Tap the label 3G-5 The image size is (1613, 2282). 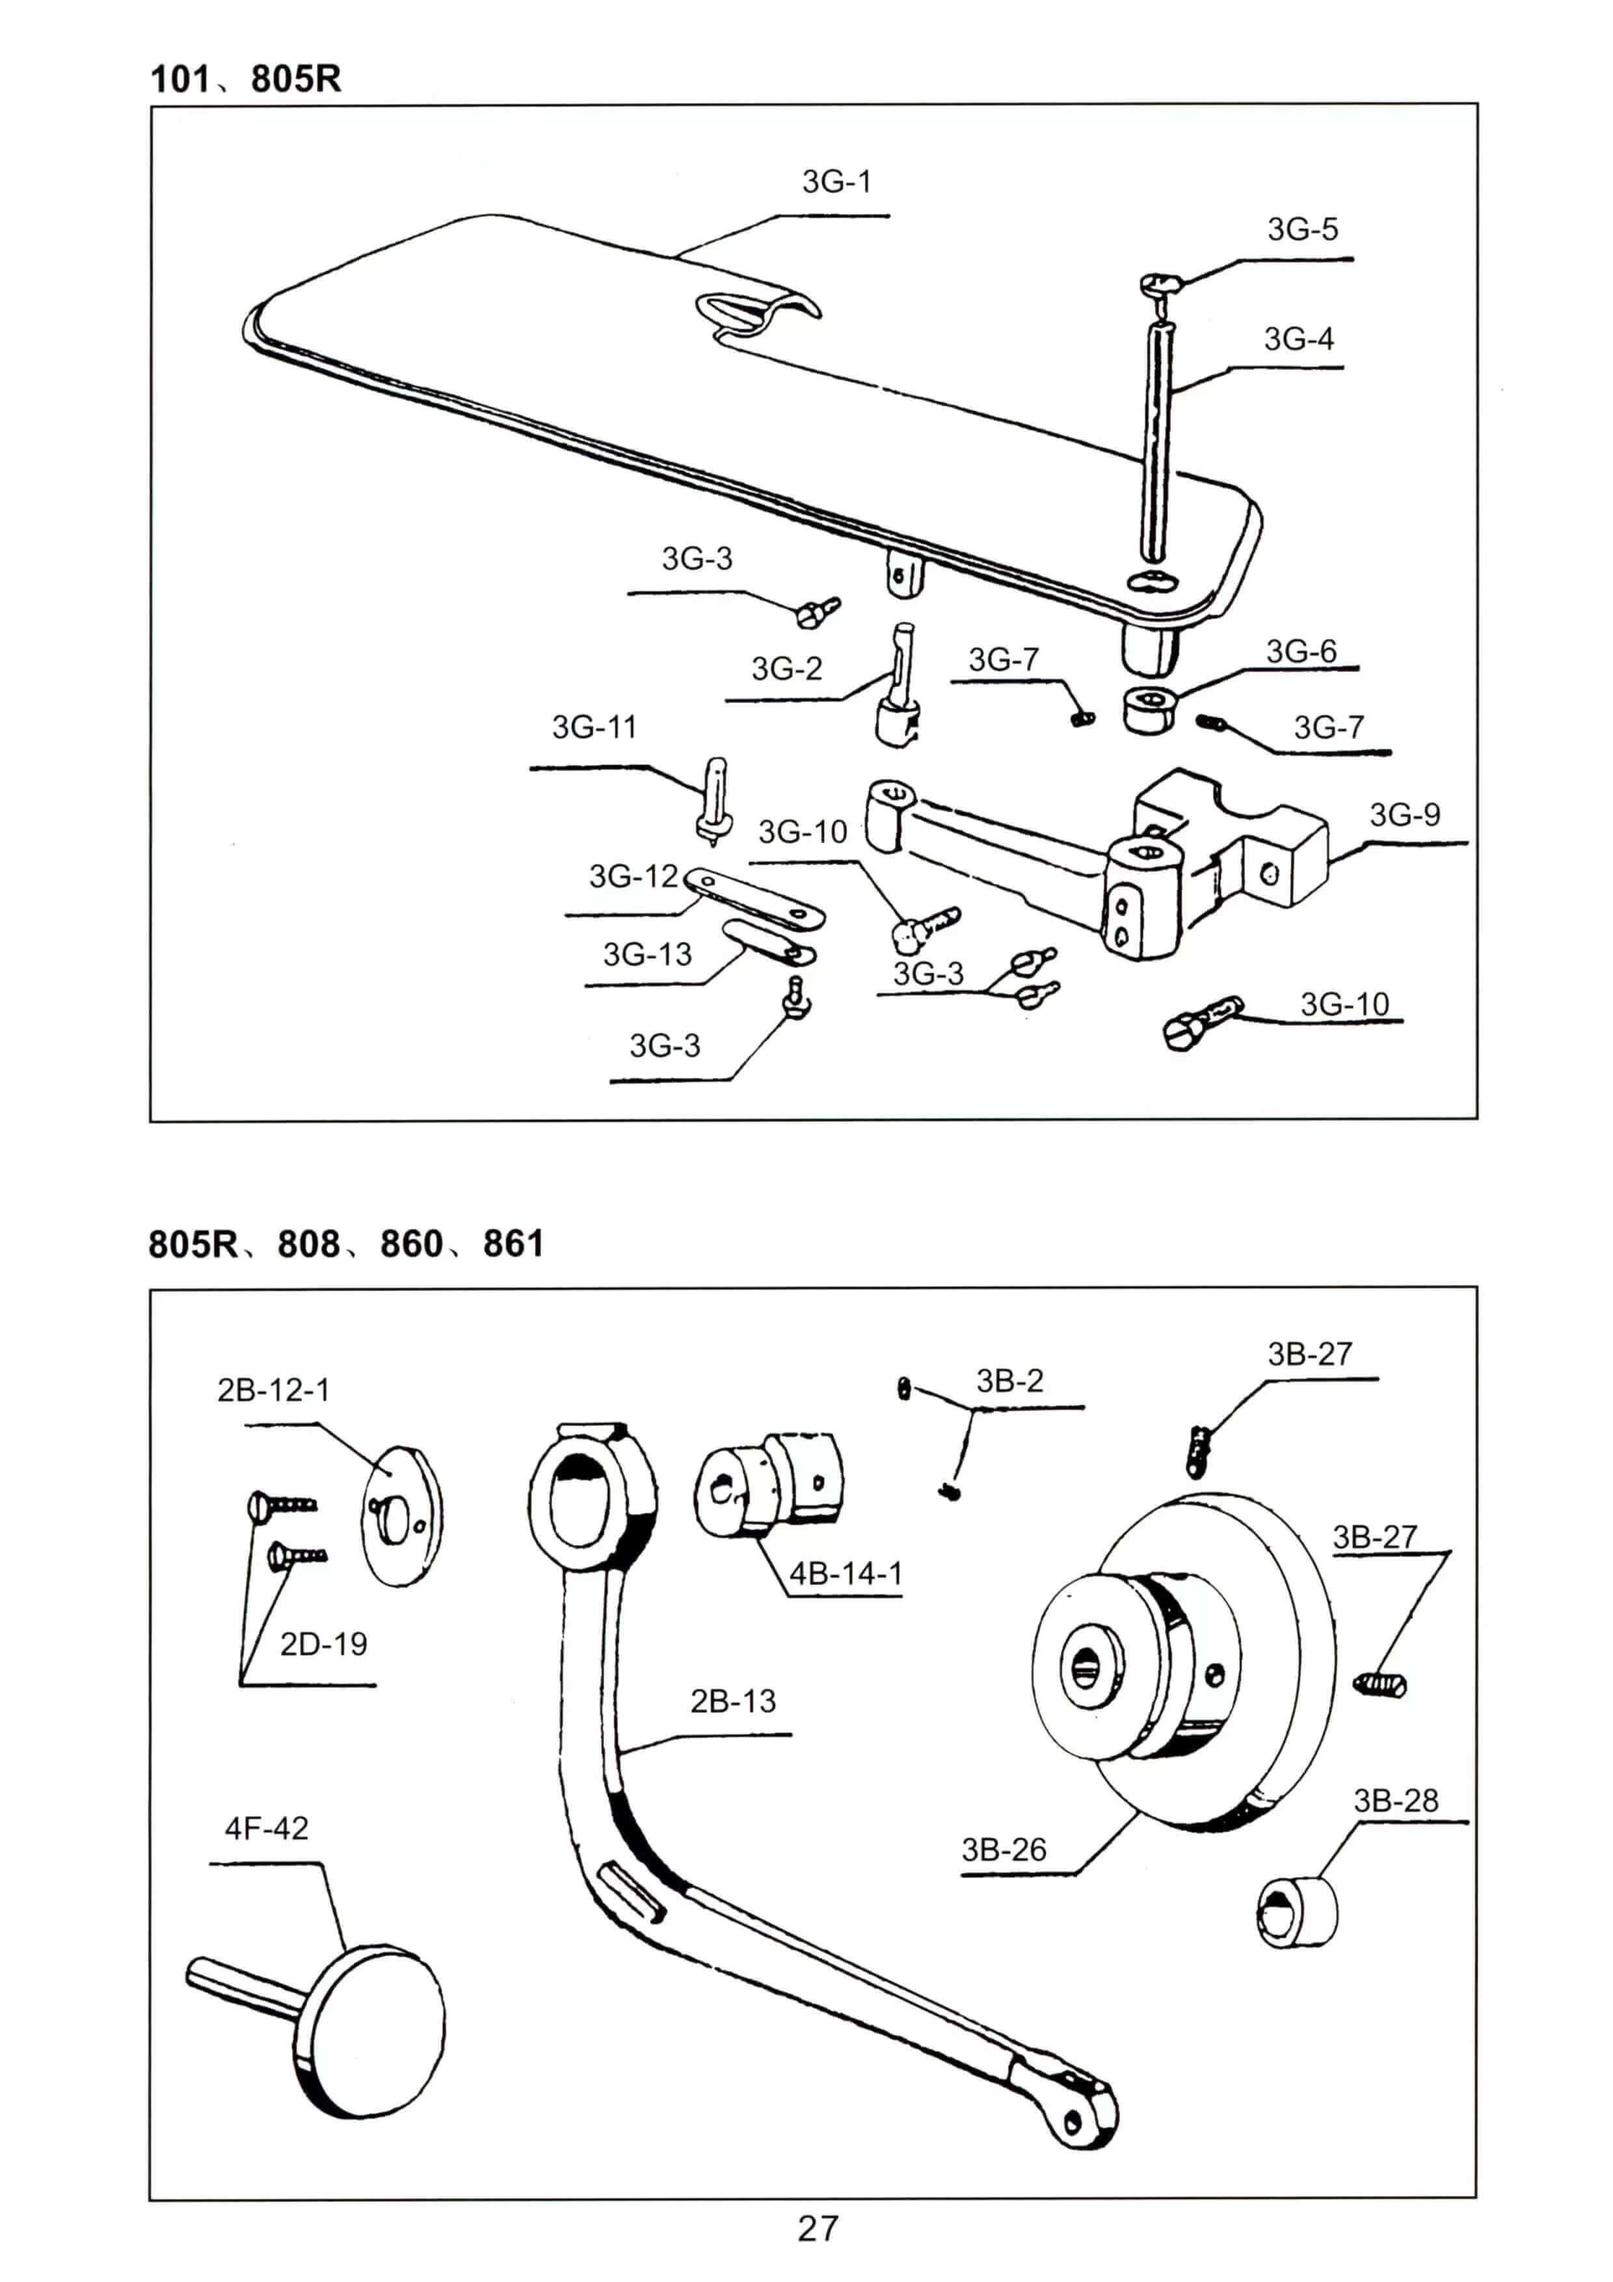[x=1302, y=230]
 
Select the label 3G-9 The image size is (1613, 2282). [x=1404, y=815]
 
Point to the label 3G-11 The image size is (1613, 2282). [x=593, y=727]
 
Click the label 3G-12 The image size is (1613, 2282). [x=633, y=877]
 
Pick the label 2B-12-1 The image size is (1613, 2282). [x=273, y=1389]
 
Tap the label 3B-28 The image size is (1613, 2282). [x=1395, y=1801]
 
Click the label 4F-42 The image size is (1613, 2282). [x=267, y=1828]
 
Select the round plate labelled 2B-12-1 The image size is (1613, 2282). [x=401, y=1516]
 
